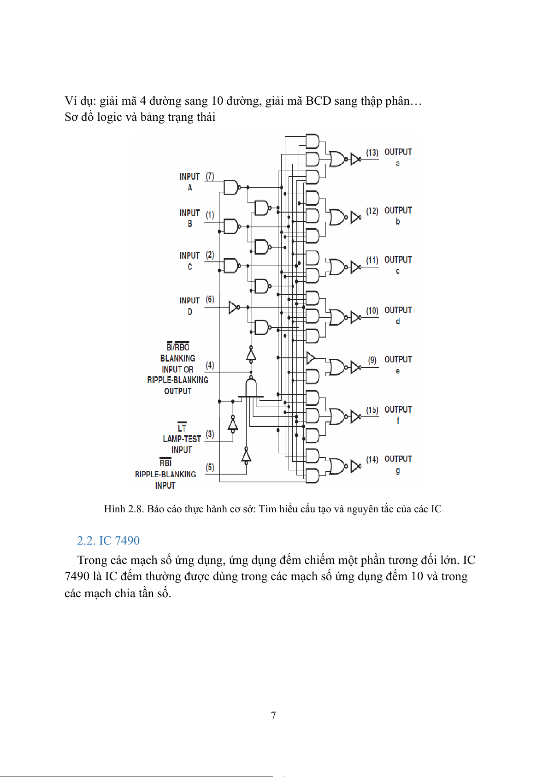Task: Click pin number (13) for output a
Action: click(372, 153)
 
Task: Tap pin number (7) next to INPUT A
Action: click(210, 176)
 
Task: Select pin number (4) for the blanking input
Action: click(210, 365)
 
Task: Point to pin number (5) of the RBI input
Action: click(210, 467)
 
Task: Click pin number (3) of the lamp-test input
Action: click(210, 434)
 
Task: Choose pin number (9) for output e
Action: click(372, 360)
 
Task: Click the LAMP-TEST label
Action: click(182, 439)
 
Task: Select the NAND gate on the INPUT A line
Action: click(230, 188)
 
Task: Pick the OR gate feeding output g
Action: click(337, 466)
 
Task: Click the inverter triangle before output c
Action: click(355, 267)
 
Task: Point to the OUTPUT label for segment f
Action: click(398, 409)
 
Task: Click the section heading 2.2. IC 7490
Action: click(108, 540)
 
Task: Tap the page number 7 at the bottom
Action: click(273, 715)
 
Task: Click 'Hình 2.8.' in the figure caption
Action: click(123, 509)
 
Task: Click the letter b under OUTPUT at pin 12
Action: click(398, 222)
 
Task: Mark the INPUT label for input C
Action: click(189, 255)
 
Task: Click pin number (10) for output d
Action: click(372, 311)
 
